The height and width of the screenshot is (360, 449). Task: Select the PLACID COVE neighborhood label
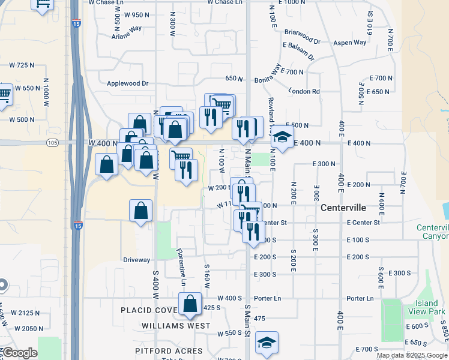[148, 310]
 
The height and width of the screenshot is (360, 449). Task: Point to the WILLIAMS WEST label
[176, 326]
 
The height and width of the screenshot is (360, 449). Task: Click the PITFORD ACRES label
[169, 351]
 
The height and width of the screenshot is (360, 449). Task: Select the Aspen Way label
[349, 43]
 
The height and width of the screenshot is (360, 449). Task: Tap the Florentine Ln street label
[181, 268]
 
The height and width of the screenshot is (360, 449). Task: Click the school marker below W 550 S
[267, 343]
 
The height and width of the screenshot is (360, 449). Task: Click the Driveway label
[136, 260]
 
